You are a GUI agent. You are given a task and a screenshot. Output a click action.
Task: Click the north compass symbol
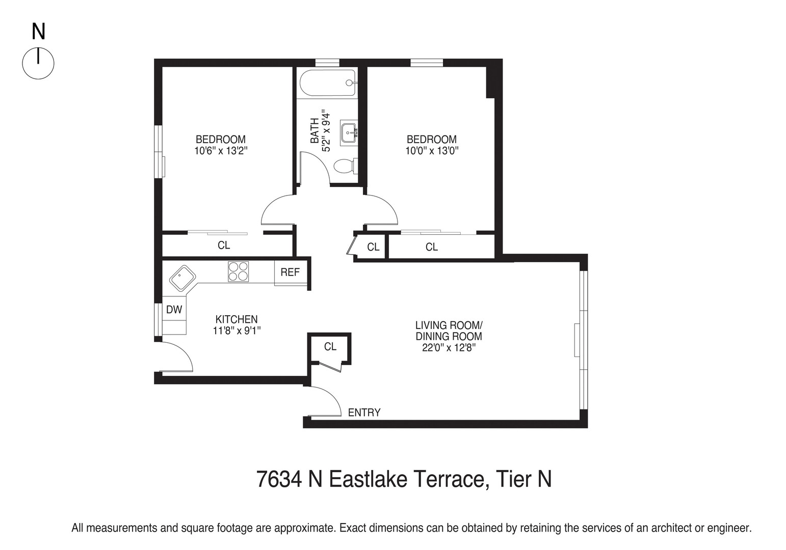tap(38, 63)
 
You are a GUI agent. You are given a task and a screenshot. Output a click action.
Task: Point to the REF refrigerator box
tap(290, 272)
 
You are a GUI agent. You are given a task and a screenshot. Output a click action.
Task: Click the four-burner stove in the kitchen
tap(238, 271)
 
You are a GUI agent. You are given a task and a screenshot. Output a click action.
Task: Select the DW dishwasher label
tap(174, 310)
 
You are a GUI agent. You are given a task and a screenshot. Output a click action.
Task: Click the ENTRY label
tap(364, 413)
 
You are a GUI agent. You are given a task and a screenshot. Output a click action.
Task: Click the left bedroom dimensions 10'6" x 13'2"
tap(221, 151)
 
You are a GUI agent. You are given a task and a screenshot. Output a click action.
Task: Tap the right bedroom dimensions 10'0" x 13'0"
tap(431, 151)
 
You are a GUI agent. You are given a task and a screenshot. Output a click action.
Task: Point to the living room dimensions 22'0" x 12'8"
tap(449, 348)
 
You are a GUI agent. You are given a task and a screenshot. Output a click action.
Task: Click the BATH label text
tap(315, 131)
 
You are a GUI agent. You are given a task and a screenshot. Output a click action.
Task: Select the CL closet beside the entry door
tap(330, 346)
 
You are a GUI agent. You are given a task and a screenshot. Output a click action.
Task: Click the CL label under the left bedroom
tap(224, 245)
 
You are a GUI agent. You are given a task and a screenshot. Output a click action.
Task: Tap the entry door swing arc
tap(326, 401)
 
